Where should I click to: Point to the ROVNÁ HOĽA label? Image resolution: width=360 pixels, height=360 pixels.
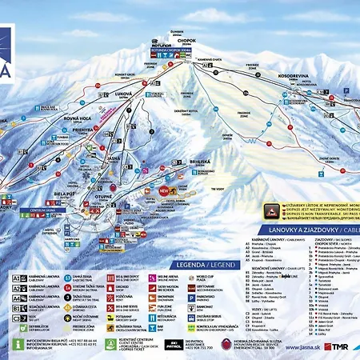click(40, 124)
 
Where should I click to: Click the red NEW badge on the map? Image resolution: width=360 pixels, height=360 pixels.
click(166, 191)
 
